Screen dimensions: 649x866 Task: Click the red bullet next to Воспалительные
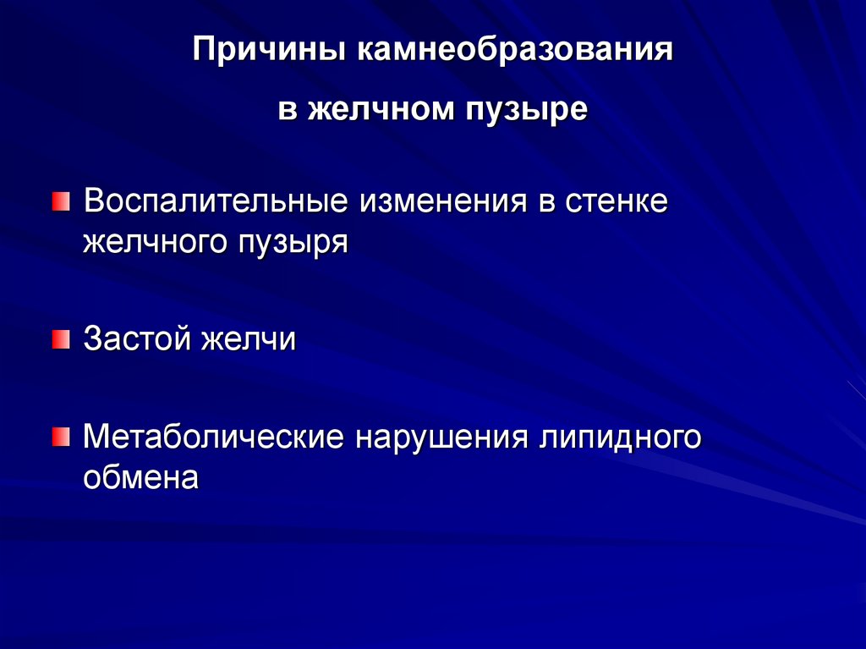[x=61, y=202]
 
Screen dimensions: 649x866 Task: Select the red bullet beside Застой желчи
[x=61, y=339]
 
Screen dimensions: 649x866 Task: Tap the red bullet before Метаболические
[x=61, y=437]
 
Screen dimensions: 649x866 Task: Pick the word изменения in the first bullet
[x=437, y=203]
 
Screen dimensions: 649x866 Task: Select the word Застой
[x=138, y=340]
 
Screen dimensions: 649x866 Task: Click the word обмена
[x=141, y=477]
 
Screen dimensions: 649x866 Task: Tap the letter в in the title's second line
[x=288, y=111]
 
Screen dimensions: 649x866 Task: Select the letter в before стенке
[x=542, y=204]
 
